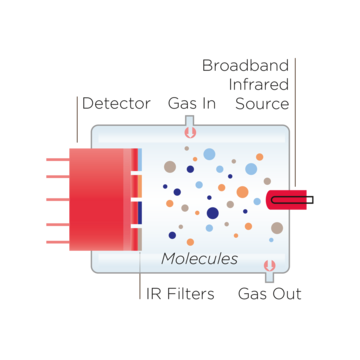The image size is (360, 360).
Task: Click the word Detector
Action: [116, 103]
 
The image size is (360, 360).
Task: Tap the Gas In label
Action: [192, 103]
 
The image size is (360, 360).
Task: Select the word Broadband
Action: [245, 66]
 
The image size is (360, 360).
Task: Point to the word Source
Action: [262, 103]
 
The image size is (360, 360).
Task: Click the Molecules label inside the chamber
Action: [200, 259]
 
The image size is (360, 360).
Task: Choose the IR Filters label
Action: [181, 294]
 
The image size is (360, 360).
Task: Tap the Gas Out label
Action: [269, 294]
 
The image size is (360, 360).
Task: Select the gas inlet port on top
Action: [190, 127]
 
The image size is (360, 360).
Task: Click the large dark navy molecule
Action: [212, 212]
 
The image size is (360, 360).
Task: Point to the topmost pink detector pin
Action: [56, 158]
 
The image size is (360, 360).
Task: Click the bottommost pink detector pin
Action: [56, 241]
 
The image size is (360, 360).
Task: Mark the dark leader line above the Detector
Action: [77, 120]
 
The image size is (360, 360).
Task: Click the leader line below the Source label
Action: [295, 150]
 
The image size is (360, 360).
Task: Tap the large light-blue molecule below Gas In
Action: [209, 154]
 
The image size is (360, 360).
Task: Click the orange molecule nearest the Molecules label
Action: [190, 242]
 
